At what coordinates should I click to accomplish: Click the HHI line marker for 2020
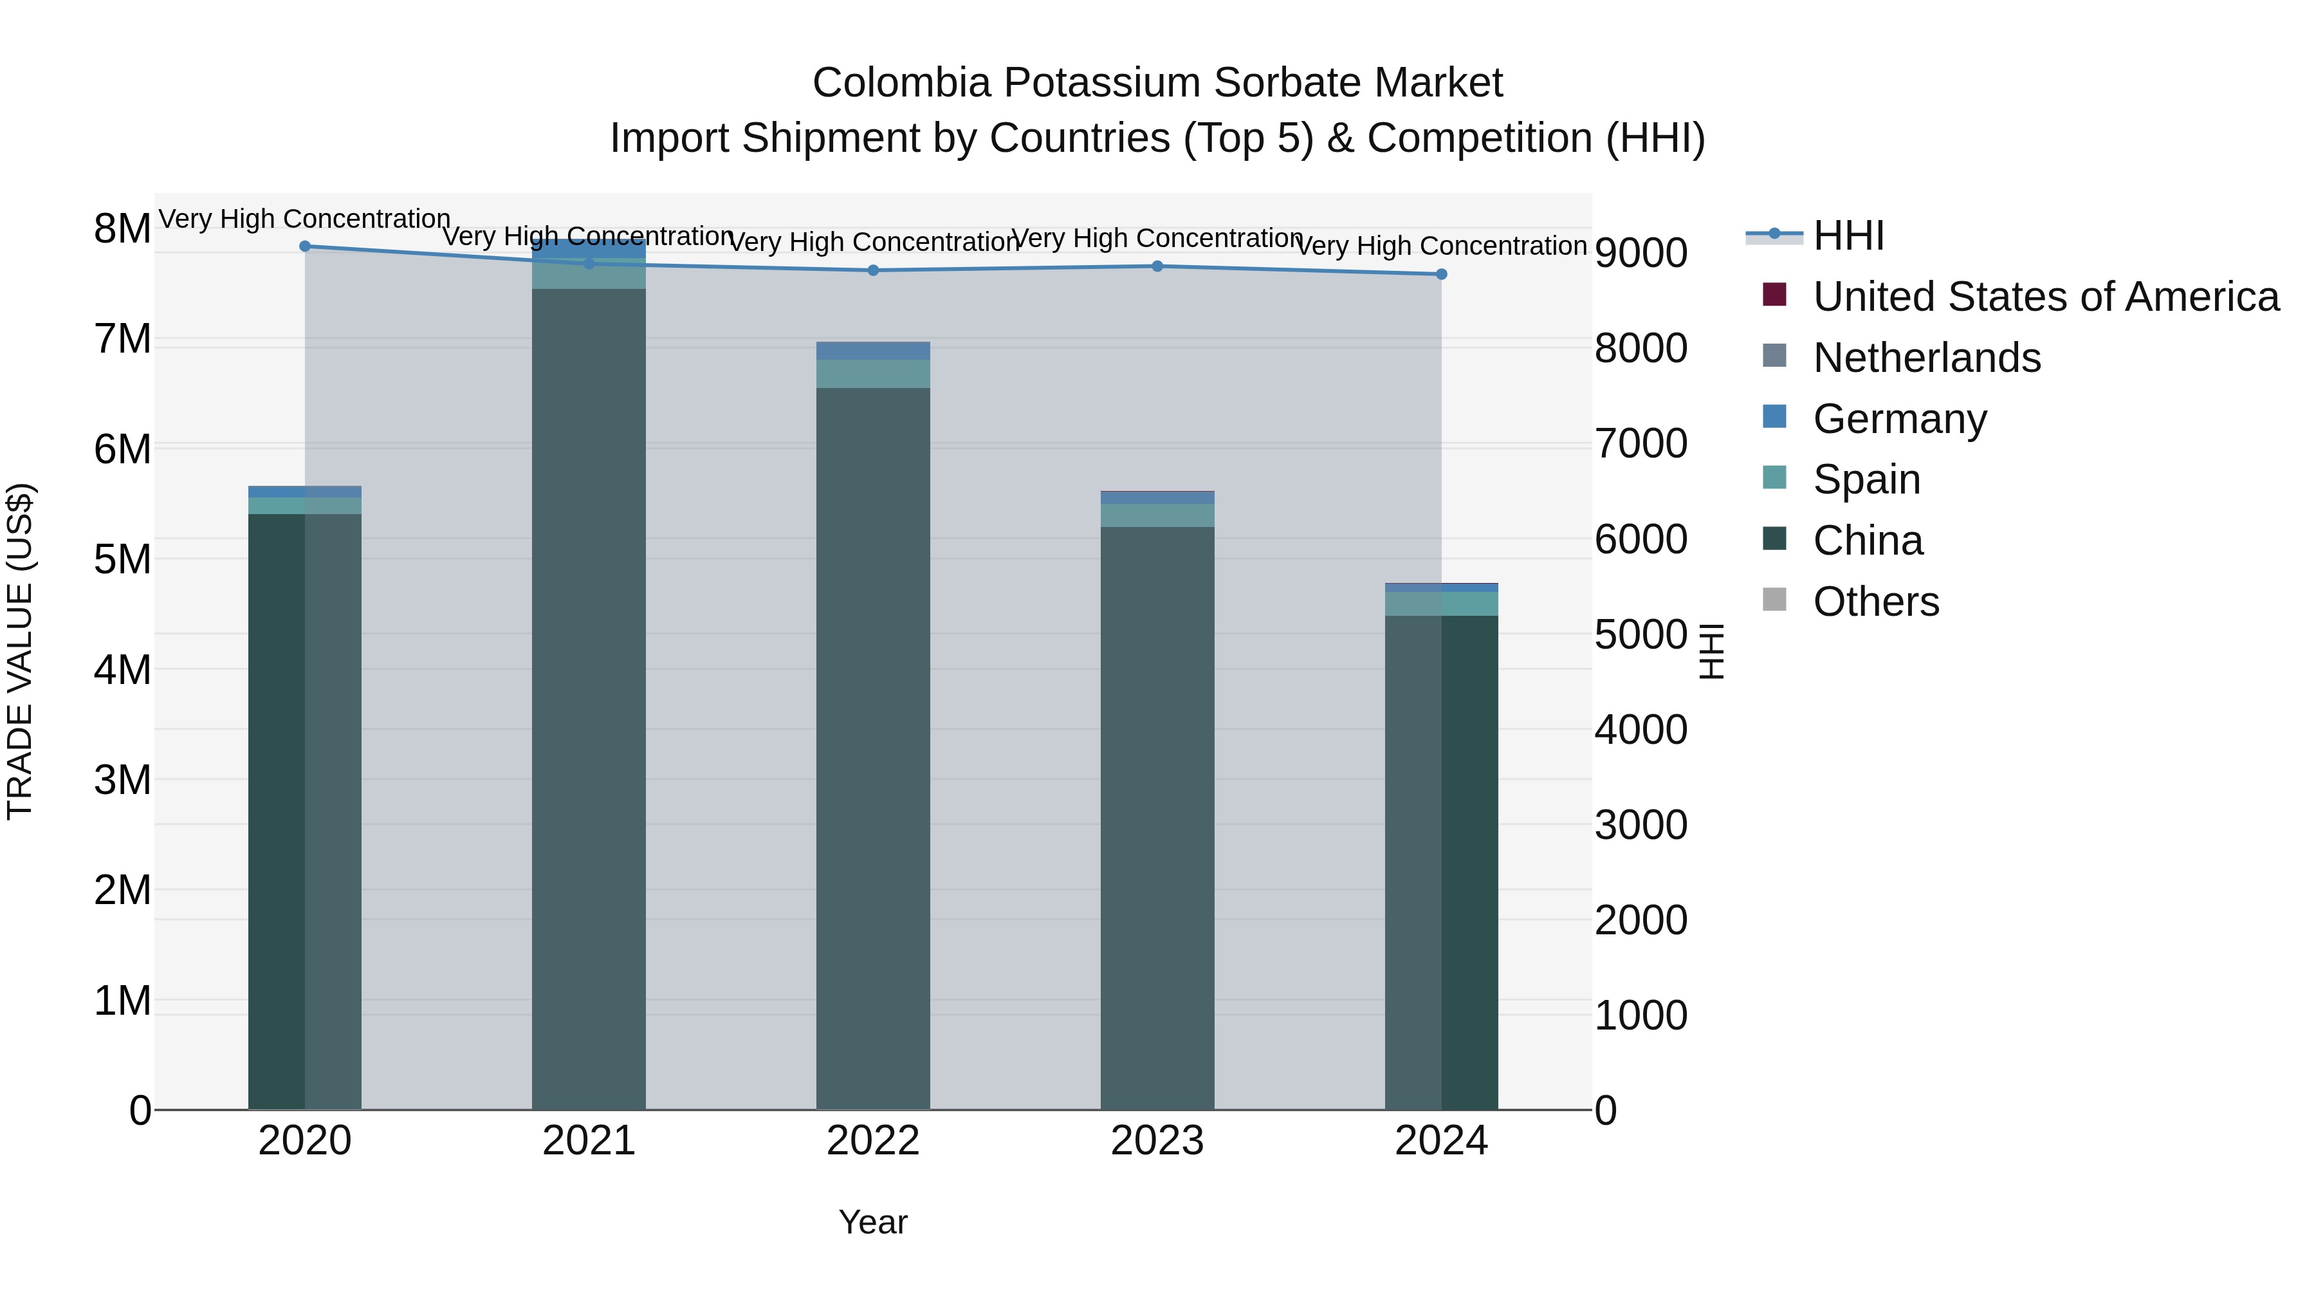(x=305, y=246)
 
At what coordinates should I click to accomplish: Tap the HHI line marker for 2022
(x=873, y=271)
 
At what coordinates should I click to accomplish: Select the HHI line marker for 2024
(x=1441, y=274)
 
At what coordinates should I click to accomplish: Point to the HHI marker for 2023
(x=1157, y=266)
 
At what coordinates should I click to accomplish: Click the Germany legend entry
(x=1899, y=419)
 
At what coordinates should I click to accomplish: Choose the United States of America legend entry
(x=2045, y=297)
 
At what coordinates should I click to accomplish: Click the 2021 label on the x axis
(x=589, y=1141)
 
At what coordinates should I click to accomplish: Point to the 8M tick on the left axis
(x=122, y=229)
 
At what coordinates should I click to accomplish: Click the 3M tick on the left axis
(x=122, y=781)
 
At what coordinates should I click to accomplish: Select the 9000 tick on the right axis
(x=1640, y=253)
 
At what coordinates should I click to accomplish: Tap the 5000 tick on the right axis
(x=1640, y=635)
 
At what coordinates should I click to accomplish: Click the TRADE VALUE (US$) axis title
(x=21, y=651)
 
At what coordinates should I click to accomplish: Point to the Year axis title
(x=873, y=1223)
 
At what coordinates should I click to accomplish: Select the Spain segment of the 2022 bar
(x=873, y=374)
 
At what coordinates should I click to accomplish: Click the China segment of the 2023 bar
(x=1157, y=809)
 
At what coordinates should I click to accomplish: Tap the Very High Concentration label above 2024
(x=1441, y=246)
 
